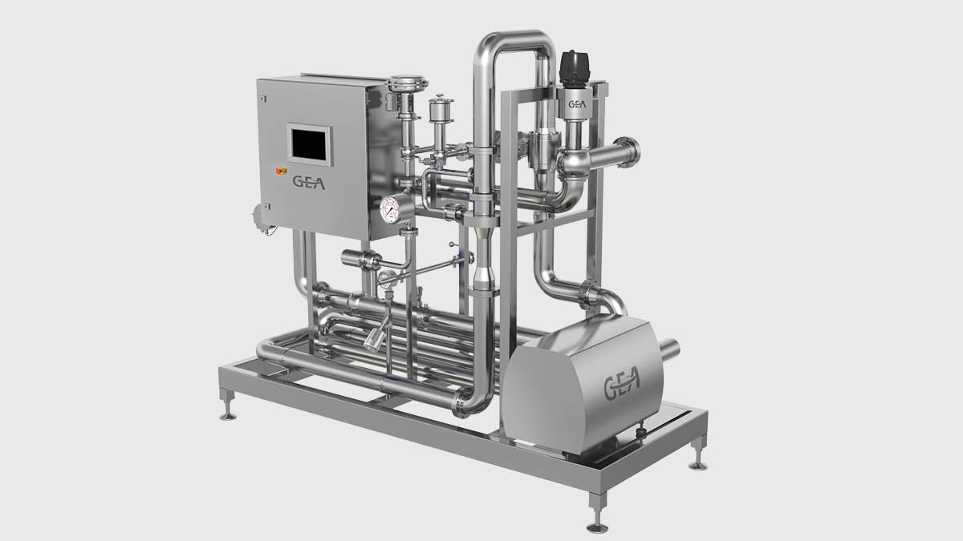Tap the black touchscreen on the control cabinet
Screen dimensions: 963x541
(x=309, y=145)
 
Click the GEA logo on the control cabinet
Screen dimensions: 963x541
(x=309, y=183)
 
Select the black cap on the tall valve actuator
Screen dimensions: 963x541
(x=574, y=68)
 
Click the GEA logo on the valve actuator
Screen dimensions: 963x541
(x=577, y=104)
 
